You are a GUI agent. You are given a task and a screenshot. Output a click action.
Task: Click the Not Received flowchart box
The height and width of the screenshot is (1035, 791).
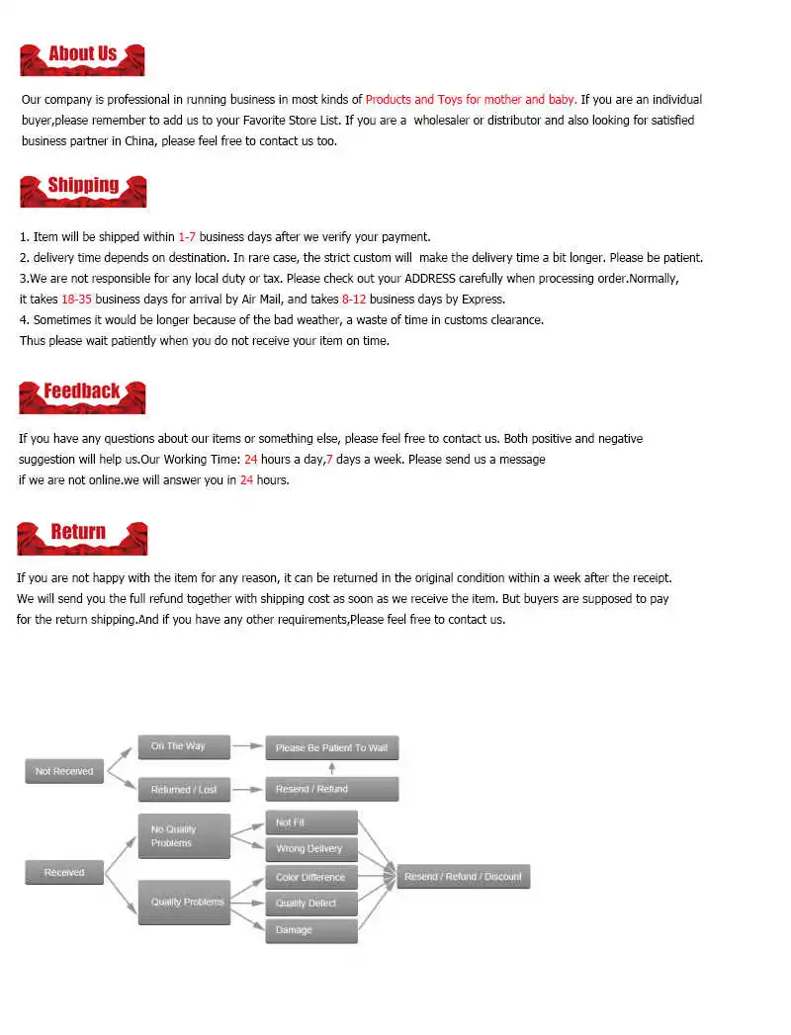[64, 771]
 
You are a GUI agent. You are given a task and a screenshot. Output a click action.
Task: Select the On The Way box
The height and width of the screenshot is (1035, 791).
[184, 746]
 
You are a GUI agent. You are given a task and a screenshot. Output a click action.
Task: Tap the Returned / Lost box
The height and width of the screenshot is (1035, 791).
[184, 790]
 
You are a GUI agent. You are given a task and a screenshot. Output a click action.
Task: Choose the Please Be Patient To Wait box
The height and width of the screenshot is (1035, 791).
[331, 748]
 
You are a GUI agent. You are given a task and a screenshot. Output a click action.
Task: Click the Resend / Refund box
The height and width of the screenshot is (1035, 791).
[331, 790]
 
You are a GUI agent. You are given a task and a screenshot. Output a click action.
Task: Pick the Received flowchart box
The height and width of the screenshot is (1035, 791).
[64, 873]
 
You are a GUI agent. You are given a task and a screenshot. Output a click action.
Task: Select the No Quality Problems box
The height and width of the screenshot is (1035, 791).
[184, 836]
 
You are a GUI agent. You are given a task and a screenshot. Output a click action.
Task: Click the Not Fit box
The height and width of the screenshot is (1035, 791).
[310, 822]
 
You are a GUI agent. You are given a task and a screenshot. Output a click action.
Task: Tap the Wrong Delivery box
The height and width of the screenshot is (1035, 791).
[310, 849]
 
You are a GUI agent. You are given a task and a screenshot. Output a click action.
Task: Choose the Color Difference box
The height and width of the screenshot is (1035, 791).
[310, 877]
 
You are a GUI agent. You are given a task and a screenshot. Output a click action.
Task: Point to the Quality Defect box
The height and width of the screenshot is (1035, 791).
[310, 904]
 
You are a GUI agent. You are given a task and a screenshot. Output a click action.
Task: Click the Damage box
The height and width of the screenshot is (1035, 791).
[310, 930]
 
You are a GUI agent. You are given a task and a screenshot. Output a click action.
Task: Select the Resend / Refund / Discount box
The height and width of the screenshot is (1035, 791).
[463, 877]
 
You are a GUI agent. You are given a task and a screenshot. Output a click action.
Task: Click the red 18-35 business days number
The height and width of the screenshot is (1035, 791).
[76, 300]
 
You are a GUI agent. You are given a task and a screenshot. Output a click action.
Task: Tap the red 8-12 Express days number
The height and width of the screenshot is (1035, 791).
[354, 300]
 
